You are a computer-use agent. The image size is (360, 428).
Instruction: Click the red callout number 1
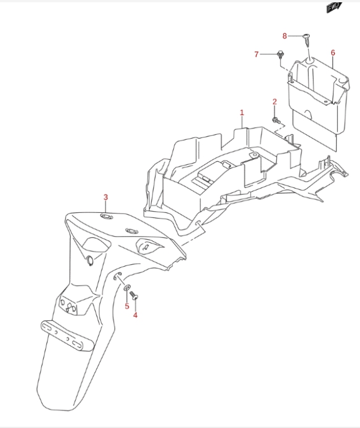(x=242, y=113)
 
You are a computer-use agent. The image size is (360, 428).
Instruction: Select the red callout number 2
(x=275, y=102)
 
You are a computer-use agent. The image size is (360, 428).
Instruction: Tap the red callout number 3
(x=106, y=197)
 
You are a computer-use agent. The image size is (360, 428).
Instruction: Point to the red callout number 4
(x=135, y=315)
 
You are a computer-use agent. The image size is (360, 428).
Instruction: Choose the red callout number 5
(x=127, y=306)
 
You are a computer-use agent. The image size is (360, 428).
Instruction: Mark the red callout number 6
(x=333, y=53)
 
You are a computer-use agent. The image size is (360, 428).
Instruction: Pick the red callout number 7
(x=256, y=54)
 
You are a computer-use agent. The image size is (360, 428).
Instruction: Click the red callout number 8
(x=285, y=36)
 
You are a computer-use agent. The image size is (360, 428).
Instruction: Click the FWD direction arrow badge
(x=334, y=7)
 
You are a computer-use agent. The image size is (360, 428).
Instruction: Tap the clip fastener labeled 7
(x=280, y=54)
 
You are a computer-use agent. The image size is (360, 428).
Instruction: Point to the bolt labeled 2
(x=276, y=121)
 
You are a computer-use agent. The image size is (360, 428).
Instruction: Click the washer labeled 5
(x=127, y=288)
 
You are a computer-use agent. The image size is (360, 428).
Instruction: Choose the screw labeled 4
(x=134, y=296)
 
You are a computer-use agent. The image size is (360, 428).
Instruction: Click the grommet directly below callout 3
(x=106, y=216)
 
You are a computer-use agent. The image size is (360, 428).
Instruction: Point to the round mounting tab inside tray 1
(x=255, y=155)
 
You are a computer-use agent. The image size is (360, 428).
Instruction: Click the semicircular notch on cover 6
(x=308, y=114)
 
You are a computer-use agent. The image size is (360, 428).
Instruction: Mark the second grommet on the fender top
(x=132, y=231)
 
